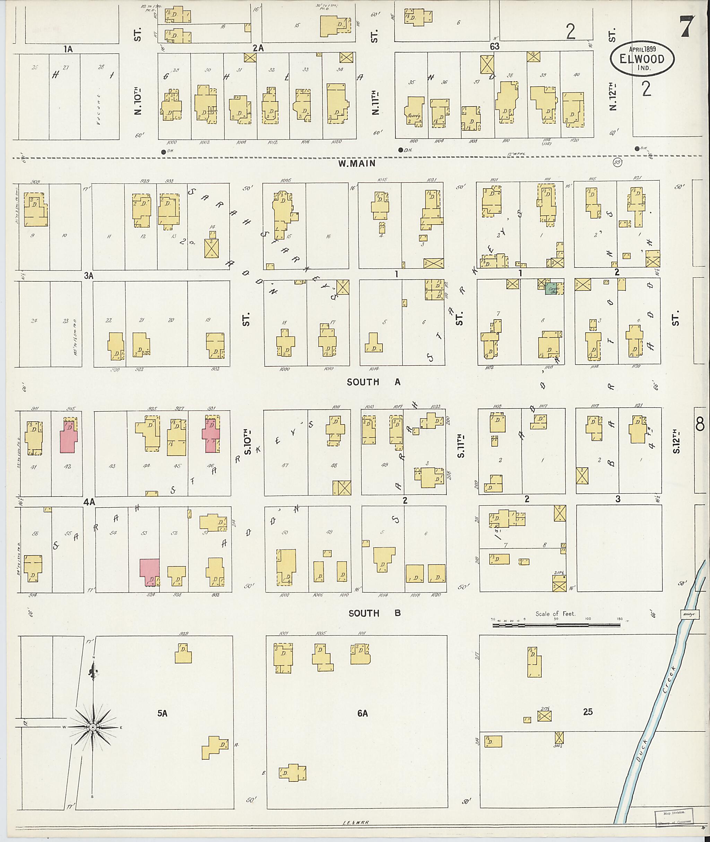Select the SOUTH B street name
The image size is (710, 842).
coord(374,614)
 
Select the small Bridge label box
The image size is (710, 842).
coord(690,614)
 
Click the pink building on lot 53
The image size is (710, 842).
coord(149,572)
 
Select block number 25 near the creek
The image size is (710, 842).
coord(588,712)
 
